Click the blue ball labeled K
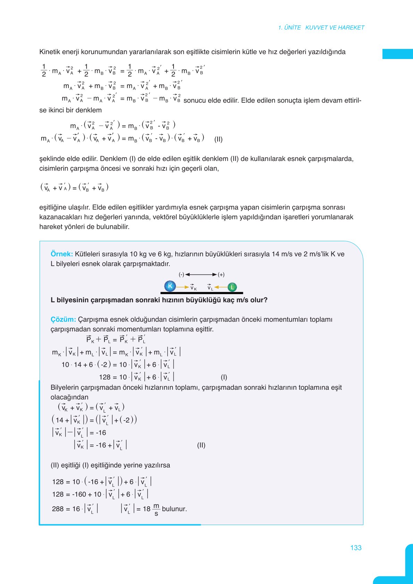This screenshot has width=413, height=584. [170, 286]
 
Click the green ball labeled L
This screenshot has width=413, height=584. [232, 287]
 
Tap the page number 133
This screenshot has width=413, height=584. [356, 548]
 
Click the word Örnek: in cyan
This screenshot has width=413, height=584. [62, 254]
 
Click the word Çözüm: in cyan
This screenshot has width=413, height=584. [63, 319]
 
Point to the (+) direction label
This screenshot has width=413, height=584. [221, 274]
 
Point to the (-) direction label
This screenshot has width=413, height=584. [181, 274]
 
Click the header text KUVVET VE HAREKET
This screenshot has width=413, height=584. [335, 27]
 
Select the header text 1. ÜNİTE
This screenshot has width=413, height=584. [289, 27]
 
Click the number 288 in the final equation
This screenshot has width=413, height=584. [58, 509]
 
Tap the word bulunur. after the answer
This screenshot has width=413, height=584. [174, 509]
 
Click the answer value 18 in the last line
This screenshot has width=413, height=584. [146, 509]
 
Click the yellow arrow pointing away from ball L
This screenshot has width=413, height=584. [221, 287]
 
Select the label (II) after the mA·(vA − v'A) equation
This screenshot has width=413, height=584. [218, 139]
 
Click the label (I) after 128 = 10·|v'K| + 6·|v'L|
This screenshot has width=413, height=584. [224, 377]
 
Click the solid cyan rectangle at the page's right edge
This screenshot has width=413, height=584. [397, 54]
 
